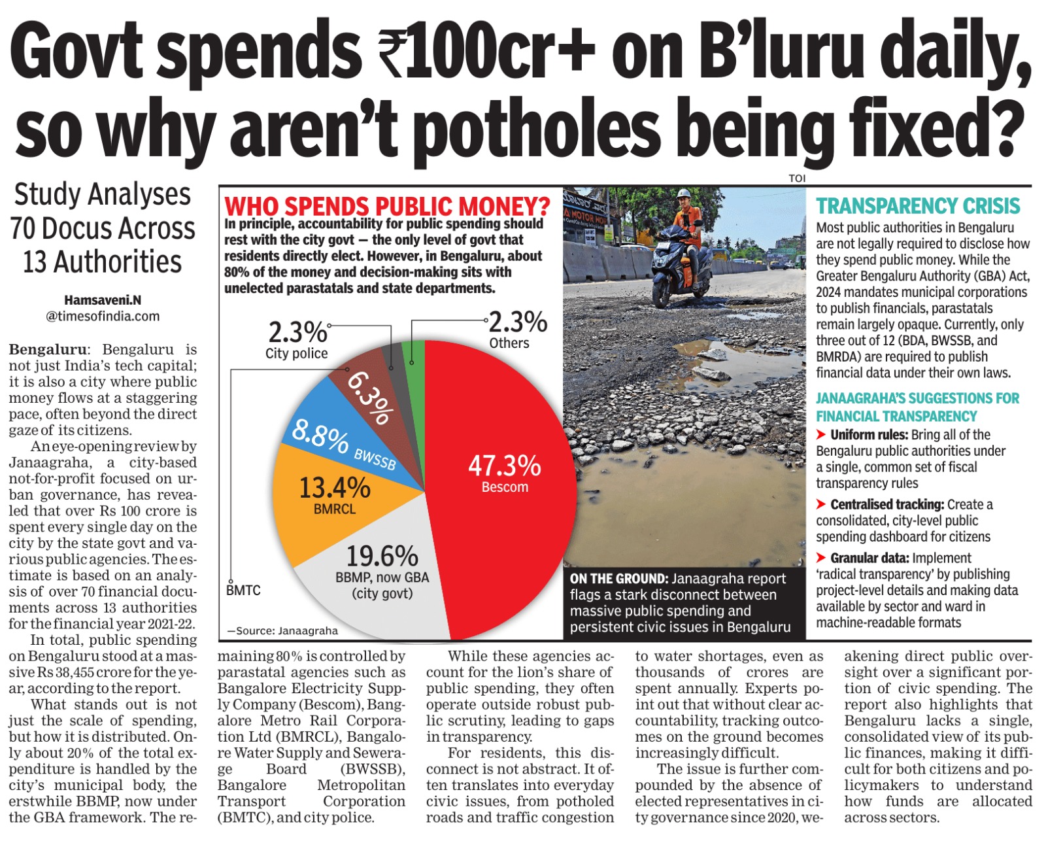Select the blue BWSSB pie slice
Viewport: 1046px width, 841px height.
click(327, 425)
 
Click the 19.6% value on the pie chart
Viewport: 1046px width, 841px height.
click(382, 557)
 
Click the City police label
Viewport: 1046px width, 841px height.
click(296, 354)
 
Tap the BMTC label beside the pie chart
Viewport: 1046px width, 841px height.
click(243, 591)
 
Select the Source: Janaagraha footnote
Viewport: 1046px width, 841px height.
click(282, 631)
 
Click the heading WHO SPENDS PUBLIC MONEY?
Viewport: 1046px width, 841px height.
click(387, 207)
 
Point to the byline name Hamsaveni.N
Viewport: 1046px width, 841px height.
click(103, 300)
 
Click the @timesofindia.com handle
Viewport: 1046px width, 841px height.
click(103, 317)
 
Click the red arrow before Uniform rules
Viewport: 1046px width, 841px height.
click(821, 435)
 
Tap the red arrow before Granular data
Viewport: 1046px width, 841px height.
click(821, 558)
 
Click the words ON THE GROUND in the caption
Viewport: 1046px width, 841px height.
click(617, 579)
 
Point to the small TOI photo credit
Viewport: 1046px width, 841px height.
click(797, 178)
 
